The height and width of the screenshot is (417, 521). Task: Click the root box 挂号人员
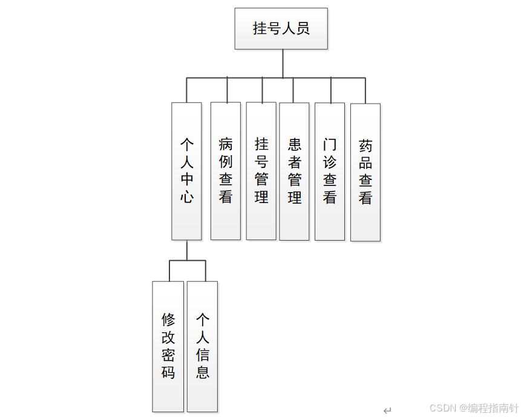pos(281,28)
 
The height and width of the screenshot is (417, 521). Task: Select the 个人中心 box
pos(186,171)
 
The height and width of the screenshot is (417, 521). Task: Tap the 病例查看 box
pos(226,170)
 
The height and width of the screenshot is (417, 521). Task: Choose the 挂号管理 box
pos(261,170)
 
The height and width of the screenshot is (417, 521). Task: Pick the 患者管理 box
pos(294,171)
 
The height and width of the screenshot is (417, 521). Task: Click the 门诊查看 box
pos(330,171)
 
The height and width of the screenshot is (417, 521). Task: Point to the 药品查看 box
pos(365,172)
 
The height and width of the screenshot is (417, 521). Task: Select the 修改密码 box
pos(168,346)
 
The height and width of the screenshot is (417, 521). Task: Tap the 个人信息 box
pos(202,346)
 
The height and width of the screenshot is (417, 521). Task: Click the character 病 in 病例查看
pos(226,144)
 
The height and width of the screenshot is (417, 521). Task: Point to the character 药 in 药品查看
pos(365,145)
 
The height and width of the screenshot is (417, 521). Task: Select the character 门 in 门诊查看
pos(330,145)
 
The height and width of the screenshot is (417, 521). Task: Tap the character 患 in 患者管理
pos(295,144)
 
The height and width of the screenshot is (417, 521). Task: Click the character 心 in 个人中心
pos(187,197)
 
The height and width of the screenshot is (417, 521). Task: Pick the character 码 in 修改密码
pos(168,372)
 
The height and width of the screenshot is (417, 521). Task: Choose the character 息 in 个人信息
pos(203,372)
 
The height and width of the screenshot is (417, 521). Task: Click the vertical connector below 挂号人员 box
pos(283,64)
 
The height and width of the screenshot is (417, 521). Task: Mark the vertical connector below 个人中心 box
pos(187,250)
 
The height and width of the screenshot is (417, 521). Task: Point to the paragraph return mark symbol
pos(387,410)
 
